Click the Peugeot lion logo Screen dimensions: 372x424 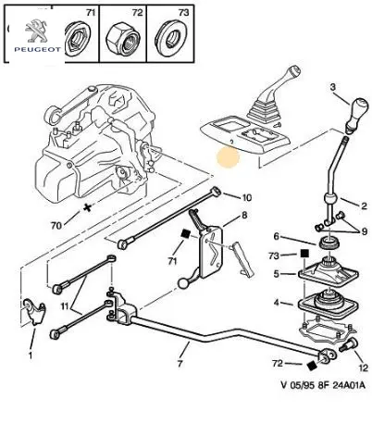tap(36, 31)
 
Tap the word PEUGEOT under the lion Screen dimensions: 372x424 tap(37, 49)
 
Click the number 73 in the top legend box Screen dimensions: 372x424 tap(183, 12)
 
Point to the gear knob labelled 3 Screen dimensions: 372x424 tap(357, 115)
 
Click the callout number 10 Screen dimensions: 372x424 tap(246, 197)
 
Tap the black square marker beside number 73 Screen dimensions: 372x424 tap(304, 254)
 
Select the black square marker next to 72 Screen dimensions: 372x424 tap(313, 366)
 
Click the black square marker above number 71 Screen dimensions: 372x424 tap(186, 233)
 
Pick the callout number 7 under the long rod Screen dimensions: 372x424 tap(180, 363)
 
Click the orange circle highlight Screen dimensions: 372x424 tap(228, 157)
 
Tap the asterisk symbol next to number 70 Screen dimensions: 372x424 tap(88, 207)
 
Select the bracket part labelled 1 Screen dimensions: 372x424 tap(34, 311)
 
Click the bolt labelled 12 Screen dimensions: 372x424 tap(348, 344)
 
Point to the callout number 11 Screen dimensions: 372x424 tap(65, 306)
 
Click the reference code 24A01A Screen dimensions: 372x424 tap(349, 385)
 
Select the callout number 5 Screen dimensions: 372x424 tap(277, 273)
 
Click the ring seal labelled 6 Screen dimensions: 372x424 tap(329, 243)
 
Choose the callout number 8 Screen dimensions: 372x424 tap(244, 215)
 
